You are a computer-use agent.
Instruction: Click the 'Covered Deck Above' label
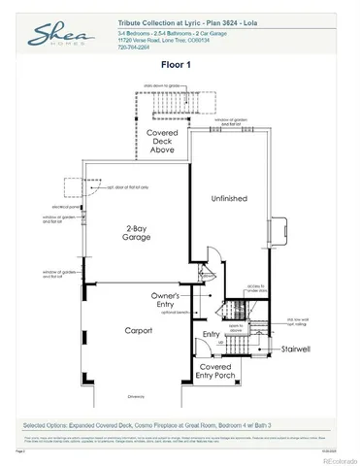tap(161, 143)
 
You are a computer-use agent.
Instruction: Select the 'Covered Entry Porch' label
tap(215, 373)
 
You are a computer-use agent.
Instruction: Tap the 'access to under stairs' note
tap(254, 288)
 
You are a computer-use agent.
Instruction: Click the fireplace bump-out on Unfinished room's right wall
tap(282, 231)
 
